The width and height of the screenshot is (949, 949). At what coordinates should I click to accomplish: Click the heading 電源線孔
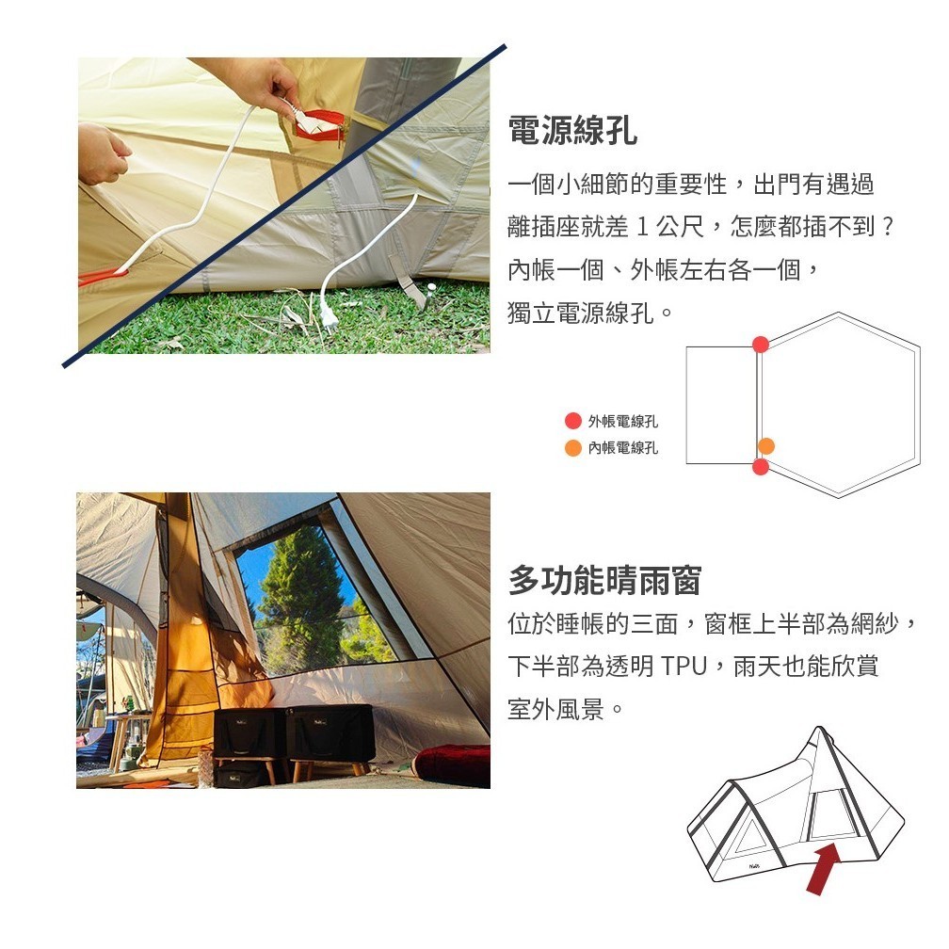point(572,130)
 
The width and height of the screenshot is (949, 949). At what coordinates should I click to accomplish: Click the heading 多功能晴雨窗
point(604,580)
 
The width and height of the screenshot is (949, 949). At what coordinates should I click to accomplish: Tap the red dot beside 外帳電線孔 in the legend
point(572,421)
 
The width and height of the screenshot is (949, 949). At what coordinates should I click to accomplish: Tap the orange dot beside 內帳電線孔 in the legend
point(572,448)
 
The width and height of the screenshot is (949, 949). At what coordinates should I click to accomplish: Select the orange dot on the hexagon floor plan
point(766,446)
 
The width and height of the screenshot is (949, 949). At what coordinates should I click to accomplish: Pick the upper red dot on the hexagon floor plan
point(761,345)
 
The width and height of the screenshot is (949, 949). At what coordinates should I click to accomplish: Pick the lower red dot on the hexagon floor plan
point(761,467)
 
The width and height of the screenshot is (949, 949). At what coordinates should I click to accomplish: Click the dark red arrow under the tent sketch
point(824,869)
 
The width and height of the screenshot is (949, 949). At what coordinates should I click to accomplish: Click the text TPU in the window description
point(684,666)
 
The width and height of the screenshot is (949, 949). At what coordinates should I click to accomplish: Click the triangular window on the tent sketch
point(748,835)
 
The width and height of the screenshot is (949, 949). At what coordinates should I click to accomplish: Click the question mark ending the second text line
point(888,227)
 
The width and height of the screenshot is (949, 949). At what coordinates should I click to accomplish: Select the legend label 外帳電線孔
point(623,421)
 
